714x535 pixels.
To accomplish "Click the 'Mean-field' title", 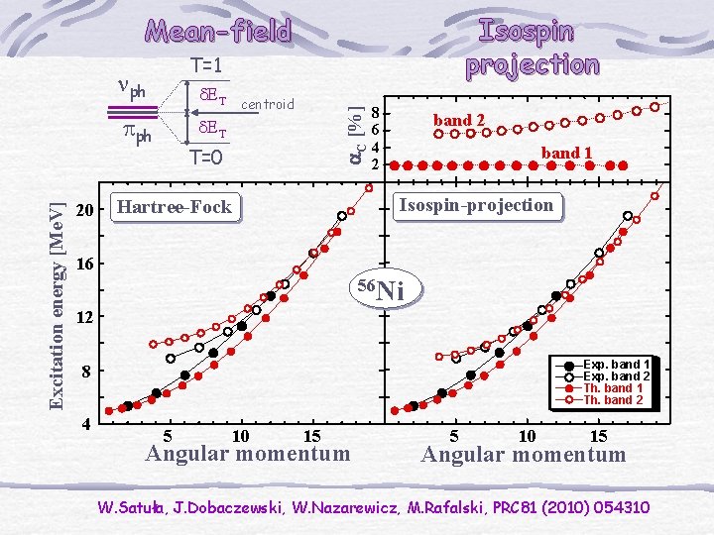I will coord(219,31).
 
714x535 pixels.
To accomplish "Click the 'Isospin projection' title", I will coord(533,47).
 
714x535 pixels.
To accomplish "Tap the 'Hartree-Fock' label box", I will coord(174,207).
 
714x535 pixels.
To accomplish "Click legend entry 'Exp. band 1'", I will coord(616,365).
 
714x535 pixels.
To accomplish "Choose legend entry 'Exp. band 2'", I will coord(616,376).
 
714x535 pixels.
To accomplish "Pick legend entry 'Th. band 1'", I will coord(613,388).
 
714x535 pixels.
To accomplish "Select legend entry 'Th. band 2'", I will coord(613,400).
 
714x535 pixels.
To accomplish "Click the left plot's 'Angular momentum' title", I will coord(247,454).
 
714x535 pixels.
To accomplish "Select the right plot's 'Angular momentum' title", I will coord(524,455).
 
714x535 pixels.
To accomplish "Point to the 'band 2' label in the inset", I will coord(459,120).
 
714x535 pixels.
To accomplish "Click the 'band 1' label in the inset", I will coord(566,154).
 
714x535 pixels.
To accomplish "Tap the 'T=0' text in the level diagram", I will coord(204,158).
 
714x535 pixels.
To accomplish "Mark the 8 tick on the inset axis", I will coord(373,113).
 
